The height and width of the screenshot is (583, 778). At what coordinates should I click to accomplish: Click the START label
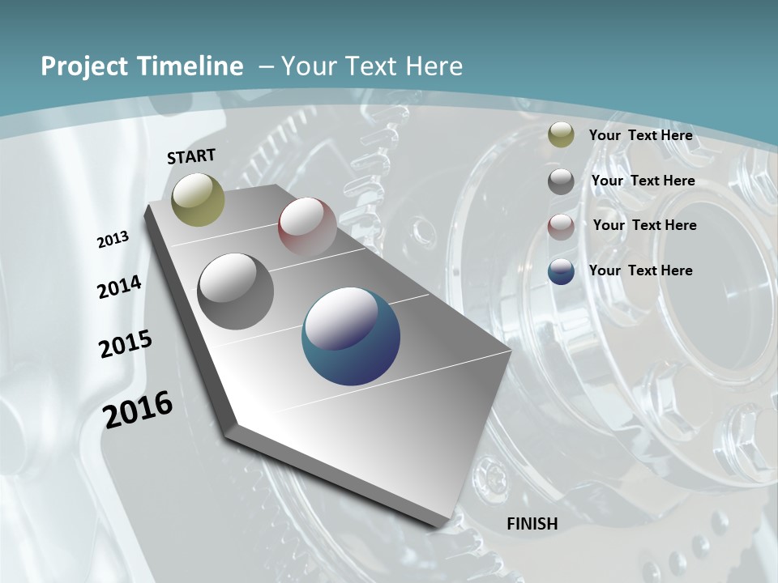pos(191,155)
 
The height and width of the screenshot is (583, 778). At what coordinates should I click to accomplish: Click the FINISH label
pos(532,524)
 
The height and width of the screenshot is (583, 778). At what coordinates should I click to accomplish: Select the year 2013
pos(113,239)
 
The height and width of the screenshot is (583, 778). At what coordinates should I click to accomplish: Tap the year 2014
pos(119,287)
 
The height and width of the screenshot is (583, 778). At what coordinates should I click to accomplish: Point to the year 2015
pos(126,343)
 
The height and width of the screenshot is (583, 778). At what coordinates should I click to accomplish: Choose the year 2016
pos(138,409)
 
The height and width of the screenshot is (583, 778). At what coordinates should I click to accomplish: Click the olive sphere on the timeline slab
pos(198,199)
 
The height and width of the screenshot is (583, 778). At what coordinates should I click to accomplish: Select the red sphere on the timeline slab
pos(307,227)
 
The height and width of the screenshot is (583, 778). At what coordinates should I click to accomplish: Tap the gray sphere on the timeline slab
pos(235,291)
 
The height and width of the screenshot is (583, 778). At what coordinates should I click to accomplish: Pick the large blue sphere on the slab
pos(350,336)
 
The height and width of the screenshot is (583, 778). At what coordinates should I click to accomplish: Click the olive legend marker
pos(561,134)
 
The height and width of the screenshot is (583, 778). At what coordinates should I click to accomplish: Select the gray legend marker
pos(561,181)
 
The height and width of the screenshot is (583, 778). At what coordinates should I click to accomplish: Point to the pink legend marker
pos(561,226)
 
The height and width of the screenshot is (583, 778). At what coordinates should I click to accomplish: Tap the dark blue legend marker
pos(561,270)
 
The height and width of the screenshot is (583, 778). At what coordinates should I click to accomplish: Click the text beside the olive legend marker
pos(640,135)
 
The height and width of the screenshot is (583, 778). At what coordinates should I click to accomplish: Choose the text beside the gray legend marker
pos(643,181)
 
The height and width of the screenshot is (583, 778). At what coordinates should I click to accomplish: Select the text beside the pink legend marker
pos(644,225)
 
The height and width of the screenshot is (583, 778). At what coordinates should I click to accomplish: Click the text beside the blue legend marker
pos(640,270)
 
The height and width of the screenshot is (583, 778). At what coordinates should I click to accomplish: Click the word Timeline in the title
pos(192,66)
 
